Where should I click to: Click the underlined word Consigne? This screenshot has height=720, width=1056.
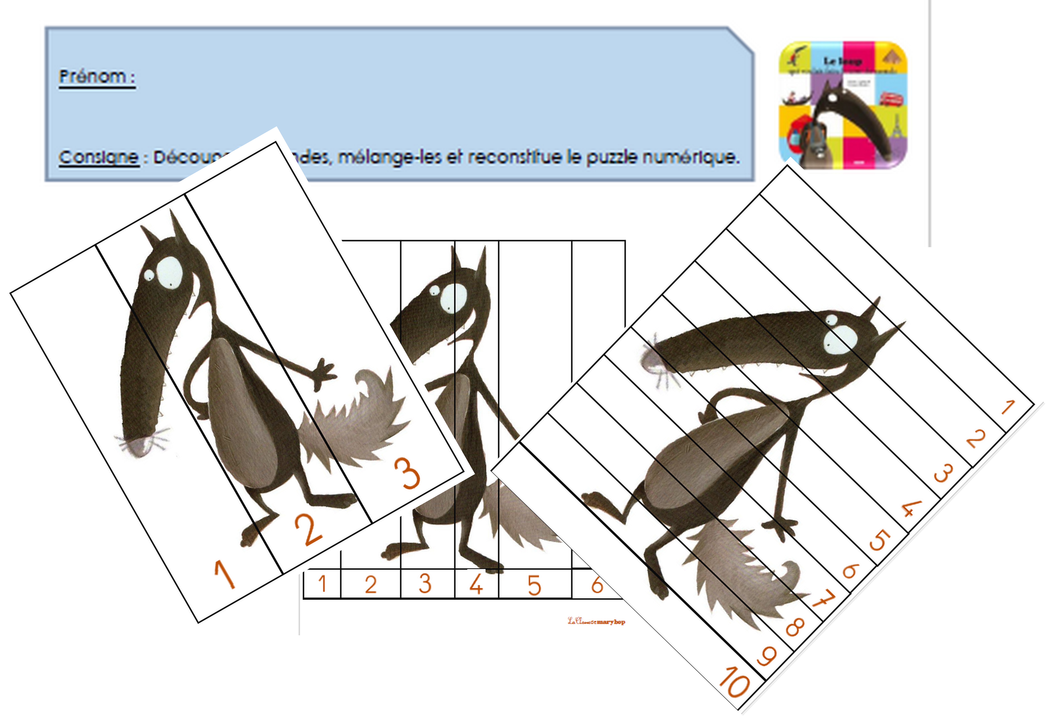coord(99,157)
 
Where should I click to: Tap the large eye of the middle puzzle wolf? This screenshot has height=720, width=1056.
coord(453,296)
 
